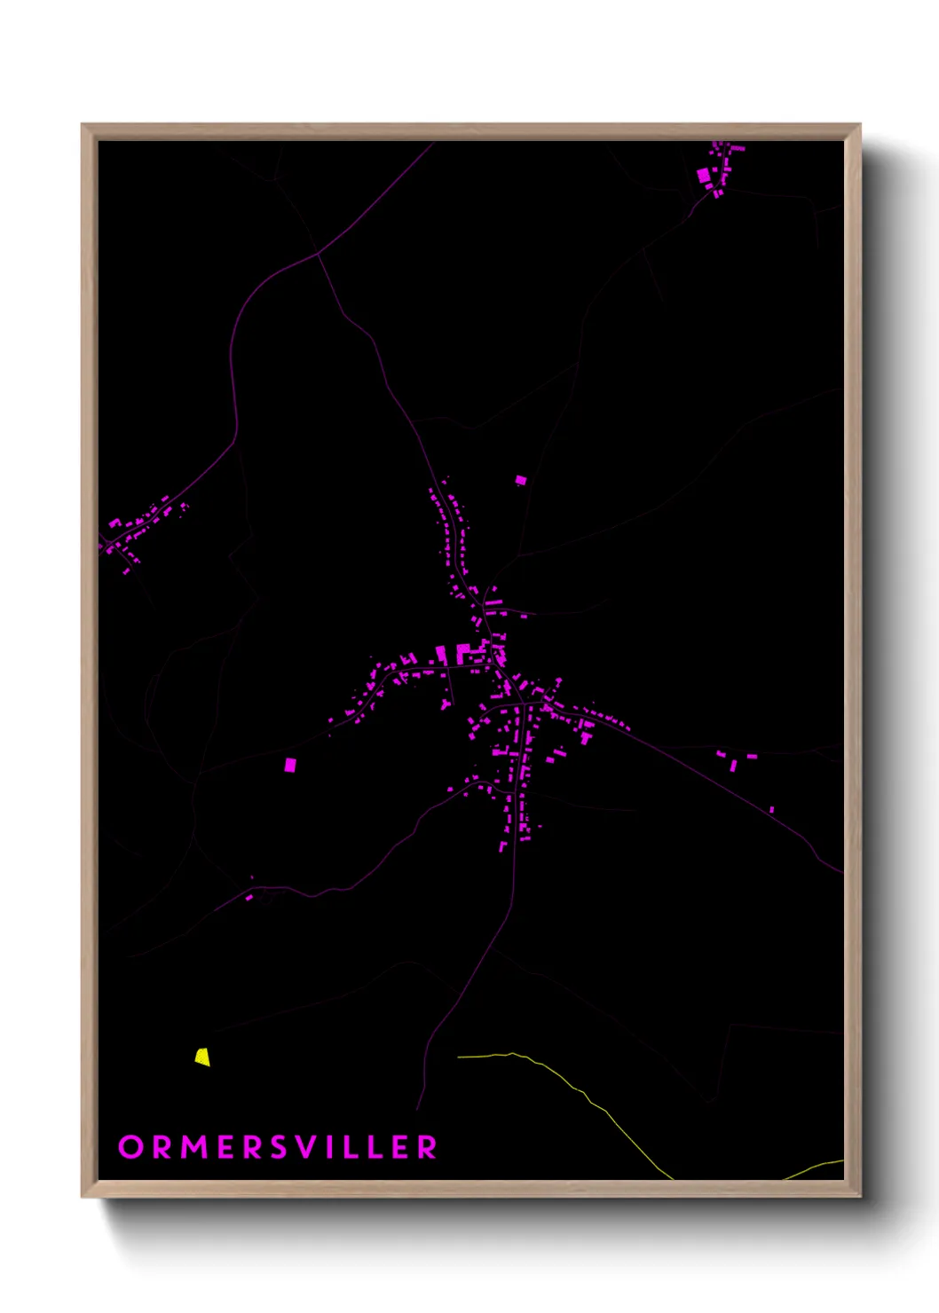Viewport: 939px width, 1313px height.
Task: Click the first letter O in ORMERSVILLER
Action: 130,1147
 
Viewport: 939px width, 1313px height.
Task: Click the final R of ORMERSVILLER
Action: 428,1147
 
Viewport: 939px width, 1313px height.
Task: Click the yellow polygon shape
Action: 202,1057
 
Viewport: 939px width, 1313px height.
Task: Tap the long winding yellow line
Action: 586,1096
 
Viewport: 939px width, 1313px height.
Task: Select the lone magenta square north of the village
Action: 521,480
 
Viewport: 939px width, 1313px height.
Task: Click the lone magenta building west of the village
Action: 290,764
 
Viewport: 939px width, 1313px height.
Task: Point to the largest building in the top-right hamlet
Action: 705,176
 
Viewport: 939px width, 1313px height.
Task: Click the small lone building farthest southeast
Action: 771,809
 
